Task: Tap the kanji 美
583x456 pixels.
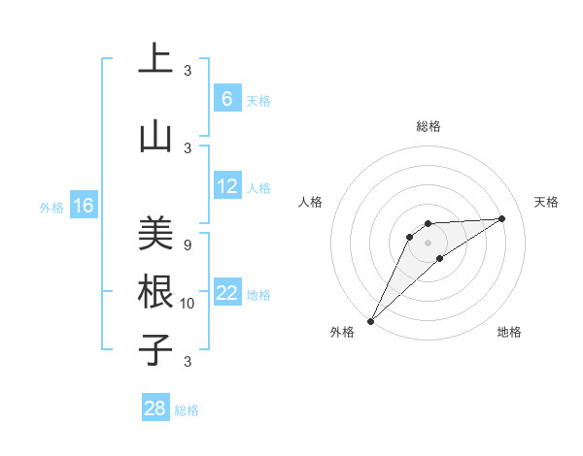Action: (155, 233)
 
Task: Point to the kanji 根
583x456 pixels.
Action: (155, 291)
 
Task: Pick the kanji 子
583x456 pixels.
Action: (155, 349)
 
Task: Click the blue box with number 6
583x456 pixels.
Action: (226, 99)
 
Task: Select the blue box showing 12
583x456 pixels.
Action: (226, 186)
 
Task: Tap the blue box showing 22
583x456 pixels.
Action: (226, 293)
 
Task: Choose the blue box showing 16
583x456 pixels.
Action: (83, 206)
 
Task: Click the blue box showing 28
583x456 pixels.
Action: (154, 408)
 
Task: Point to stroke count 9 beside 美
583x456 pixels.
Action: (187, 245)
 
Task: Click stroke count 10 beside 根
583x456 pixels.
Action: (188, 304)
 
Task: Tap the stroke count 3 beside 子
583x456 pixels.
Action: (187, 362)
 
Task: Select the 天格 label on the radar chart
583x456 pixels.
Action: (547, 202)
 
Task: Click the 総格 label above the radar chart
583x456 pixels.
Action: (428, 126)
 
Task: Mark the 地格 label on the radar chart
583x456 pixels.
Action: (509, 332)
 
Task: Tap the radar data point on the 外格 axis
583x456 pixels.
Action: (370, 320)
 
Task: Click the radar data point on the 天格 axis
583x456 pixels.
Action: (502, 218)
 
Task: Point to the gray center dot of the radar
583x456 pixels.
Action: (428, 242)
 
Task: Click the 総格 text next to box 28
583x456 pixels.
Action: (187, 410)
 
